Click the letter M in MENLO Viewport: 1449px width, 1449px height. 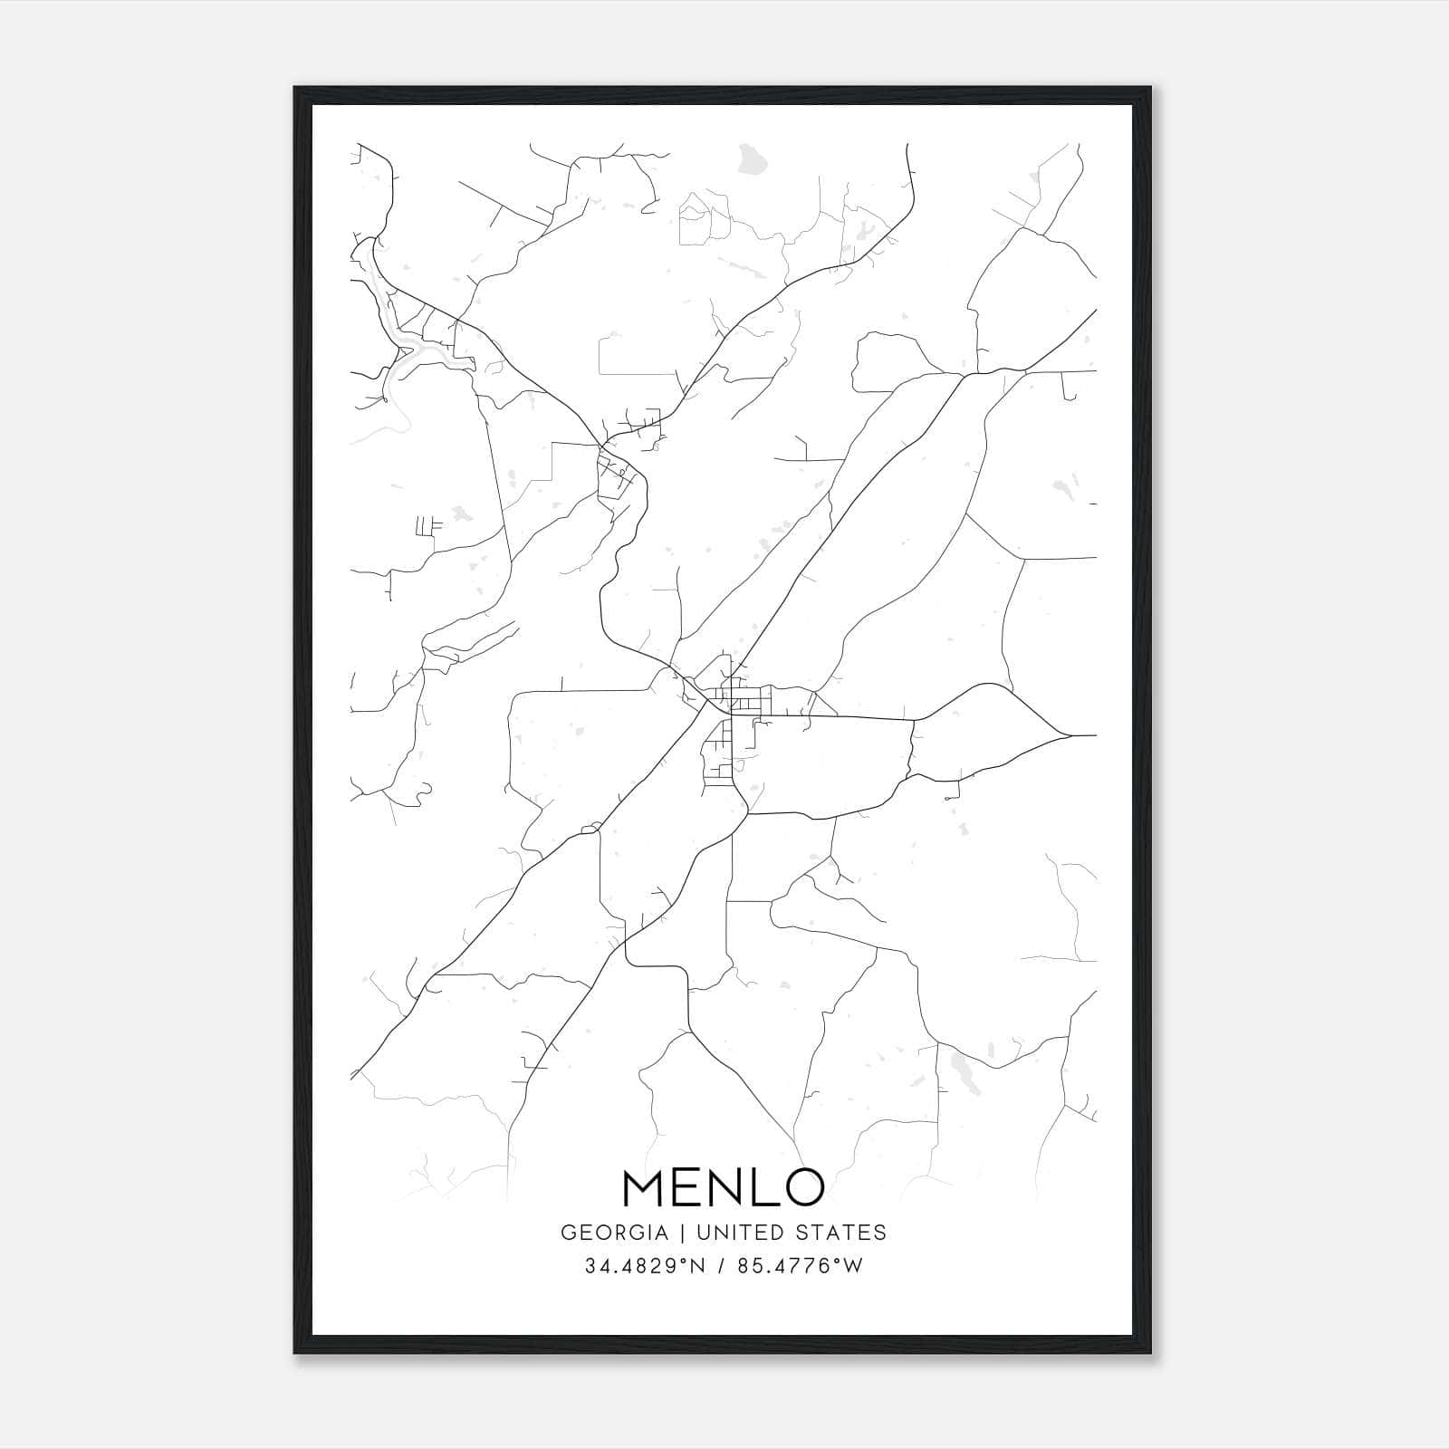[x=646, y=1187]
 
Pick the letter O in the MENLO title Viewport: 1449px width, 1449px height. [x=803, y=1187]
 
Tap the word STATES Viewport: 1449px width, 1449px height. [x=847, y=1233]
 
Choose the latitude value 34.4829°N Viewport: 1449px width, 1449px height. [x=644, y=1266]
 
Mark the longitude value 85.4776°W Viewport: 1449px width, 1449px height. [x=801, y=1266]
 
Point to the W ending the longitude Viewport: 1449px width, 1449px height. [x=853, y=1266]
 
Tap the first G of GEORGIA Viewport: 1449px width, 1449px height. [x=568, y=1233]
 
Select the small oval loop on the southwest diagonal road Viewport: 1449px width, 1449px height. [x=590, y=827]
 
